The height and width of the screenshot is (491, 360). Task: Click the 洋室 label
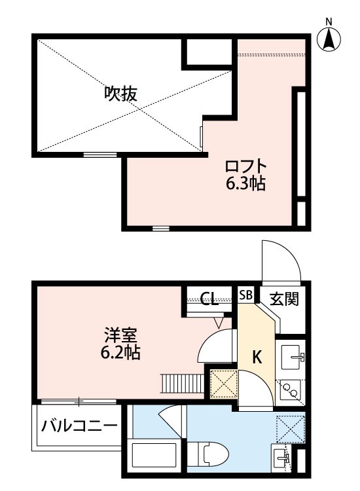pyautogui.click(x=120, y=335)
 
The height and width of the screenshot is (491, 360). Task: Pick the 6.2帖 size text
pyautogui.click(x=120, y=353)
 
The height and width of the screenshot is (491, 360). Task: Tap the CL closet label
pyautogui.click(x=209, y=300)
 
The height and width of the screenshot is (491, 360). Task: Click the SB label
pyautogui.click(x=245, y=295)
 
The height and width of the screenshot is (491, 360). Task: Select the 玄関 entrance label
pyautogui.click(x=285, y=299)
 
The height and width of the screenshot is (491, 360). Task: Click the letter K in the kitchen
pyautogui.click(x=257, y=357)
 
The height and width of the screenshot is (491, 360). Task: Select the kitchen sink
pyautogui.click(x=291, y=357)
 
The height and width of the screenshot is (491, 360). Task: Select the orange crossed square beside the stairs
pyautogui.click(x=223, y=384)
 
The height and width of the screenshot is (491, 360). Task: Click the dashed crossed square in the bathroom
pyautogui.click(x=290, y=428)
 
